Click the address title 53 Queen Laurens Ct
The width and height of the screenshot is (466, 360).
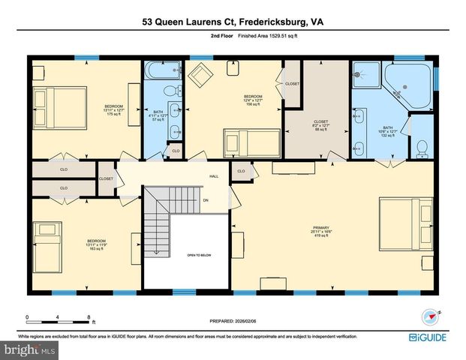coord(232,22)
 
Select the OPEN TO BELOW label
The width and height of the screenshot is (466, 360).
coord(199,255)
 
